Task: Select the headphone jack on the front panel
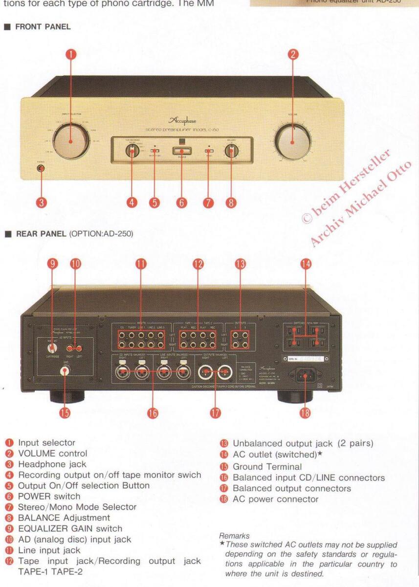click(x=41, y=169)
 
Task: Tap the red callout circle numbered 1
click(x=71, y=54)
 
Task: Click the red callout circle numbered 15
click(x=65, y=413)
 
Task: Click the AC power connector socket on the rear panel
click(x=305, y=376)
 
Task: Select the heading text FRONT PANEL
click(x=43, y=27)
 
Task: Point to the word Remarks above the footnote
click(x=234, y=536)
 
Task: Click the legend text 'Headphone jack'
click(x=52, y=464)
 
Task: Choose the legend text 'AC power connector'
click(x=275, y=499)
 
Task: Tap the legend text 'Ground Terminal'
click(x=267, y=467)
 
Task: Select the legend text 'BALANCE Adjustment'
click(x=64, y=518)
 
